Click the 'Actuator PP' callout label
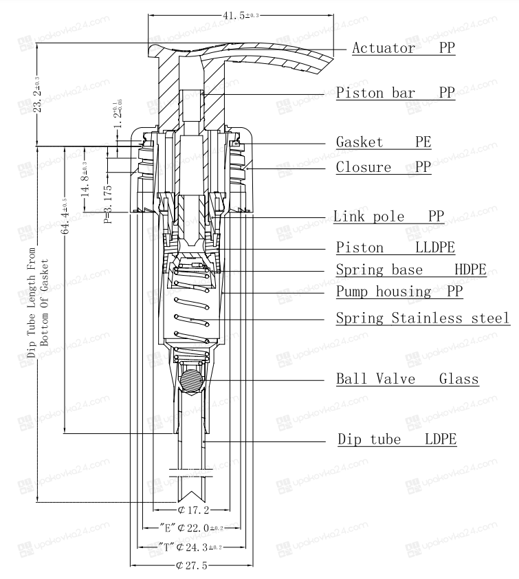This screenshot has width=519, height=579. click(404, 48)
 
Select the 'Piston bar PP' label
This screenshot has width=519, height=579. click(395, 93)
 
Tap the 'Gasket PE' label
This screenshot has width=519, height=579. click(384, 142)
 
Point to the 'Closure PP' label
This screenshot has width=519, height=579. click(384, 167)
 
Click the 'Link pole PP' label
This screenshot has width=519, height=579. click(388, 216)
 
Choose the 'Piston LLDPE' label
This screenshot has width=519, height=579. click(395, 248)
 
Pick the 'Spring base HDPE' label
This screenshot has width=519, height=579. click(411, 270)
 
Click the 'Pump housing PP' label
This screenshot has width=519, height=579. click(399, 292)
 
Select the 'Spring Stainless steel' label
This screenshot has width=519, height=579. click(423, 318)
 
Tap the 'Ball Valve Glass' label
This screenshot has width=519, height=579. click(408, 379)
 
